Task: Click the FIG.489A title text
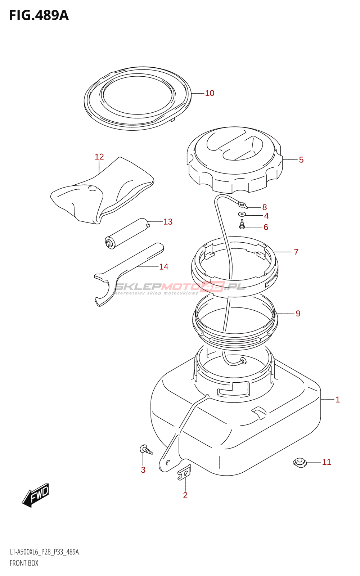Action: pos(39,15)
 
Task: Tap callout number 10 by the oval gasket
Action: pos(210,93)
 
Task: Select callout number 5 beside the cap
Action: pos(301,160)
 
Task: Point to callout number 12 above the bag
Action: pos(99,157)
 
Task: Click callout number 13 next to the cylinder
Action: pos(168,222)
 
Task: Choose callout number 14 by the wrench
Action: pos(163,267)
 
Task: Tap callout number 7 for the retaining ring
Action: pos(296,252)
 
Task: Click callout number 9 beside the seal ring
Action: pos(298,314)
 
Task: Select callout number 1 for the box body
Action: pos(338,400)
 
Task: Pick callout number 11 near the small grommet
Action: pos(327,462)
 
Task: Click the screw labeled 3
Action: pos(146,450)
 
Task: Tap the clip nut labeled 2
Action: pos(184,472)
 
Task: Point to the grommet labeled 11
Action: pos(300,462)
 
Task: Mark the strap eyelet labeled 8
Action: pos(243,206)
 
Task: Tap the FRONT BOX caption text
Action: pos(24,563)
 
